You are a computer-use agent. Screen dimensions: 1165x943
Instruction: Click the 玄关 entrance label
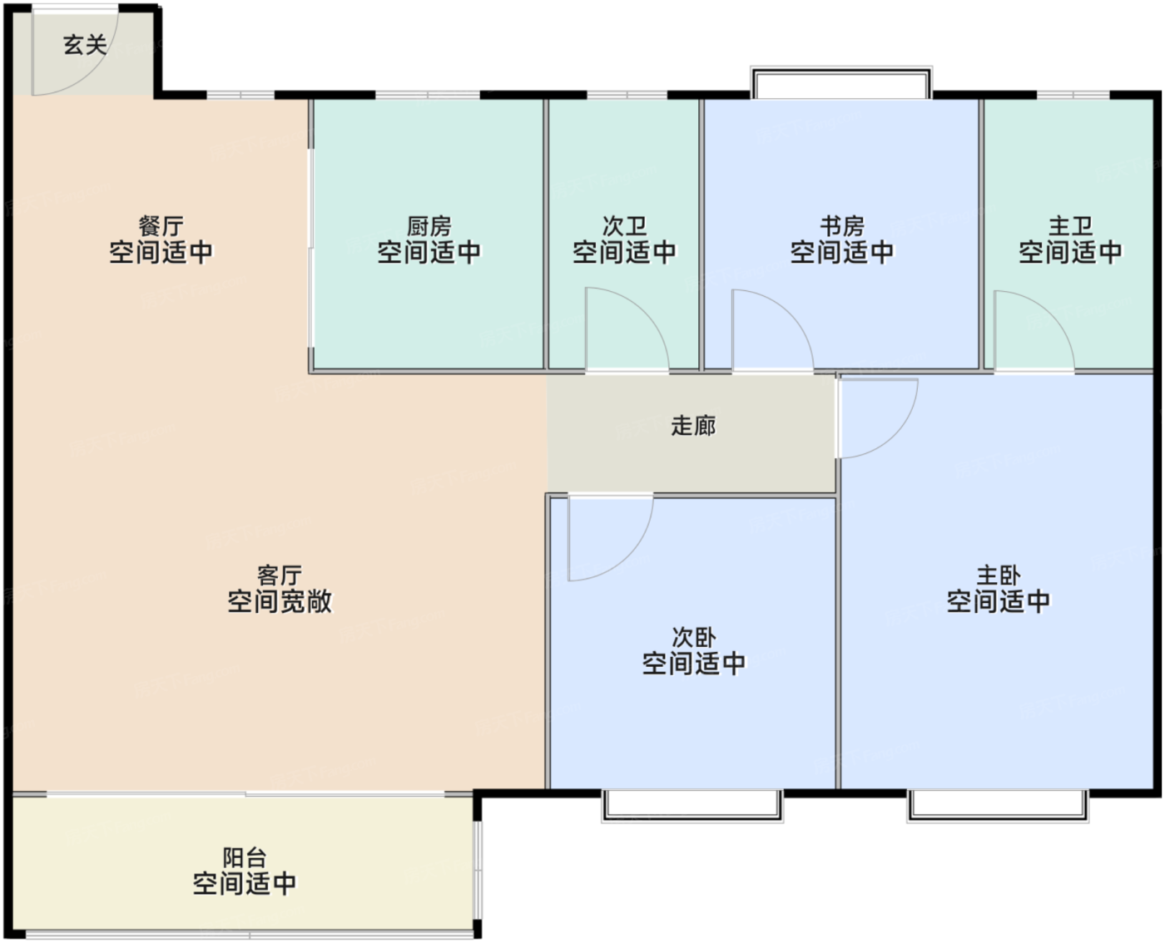pyautogui.click(x=85, y=45)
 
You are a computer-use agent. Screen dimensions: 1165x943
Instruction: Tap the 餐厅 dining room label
pyautogui.click(x=161, y=226)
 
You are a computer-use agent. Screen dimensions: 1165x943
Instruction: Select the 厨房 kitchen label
pyautogui.click(x=429, y=226)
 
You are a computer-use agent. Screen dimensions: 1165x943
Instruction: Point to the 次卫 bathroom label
pyautogui.click(x=624, y=226)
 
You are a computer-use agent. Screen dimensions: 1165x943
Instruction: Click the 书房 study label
pyautogui.click(x=842, y=226)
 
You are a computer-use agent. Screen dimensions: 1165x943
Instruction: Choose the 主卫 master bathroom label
pyautogui.click(x=1070, y=226)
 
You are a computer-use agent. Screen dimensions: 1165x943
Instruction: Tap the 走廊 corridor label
pyautogui.click(x=693, y=425)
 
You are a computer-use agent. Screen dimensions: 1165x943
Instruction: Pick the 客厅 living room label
pyautogui.click(x=280, y=575)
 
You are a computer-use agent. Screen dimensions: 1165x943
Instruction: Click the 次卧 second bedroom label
pyautogui.click(x=693, y=638)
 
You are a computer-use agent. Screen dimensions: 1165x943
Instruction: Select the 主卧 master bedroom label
pyautogui.click(x=999, y=575)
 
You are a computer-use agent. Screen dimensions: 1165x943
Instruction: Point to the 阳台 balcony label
pyautogui.click(x=245, y=857)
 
